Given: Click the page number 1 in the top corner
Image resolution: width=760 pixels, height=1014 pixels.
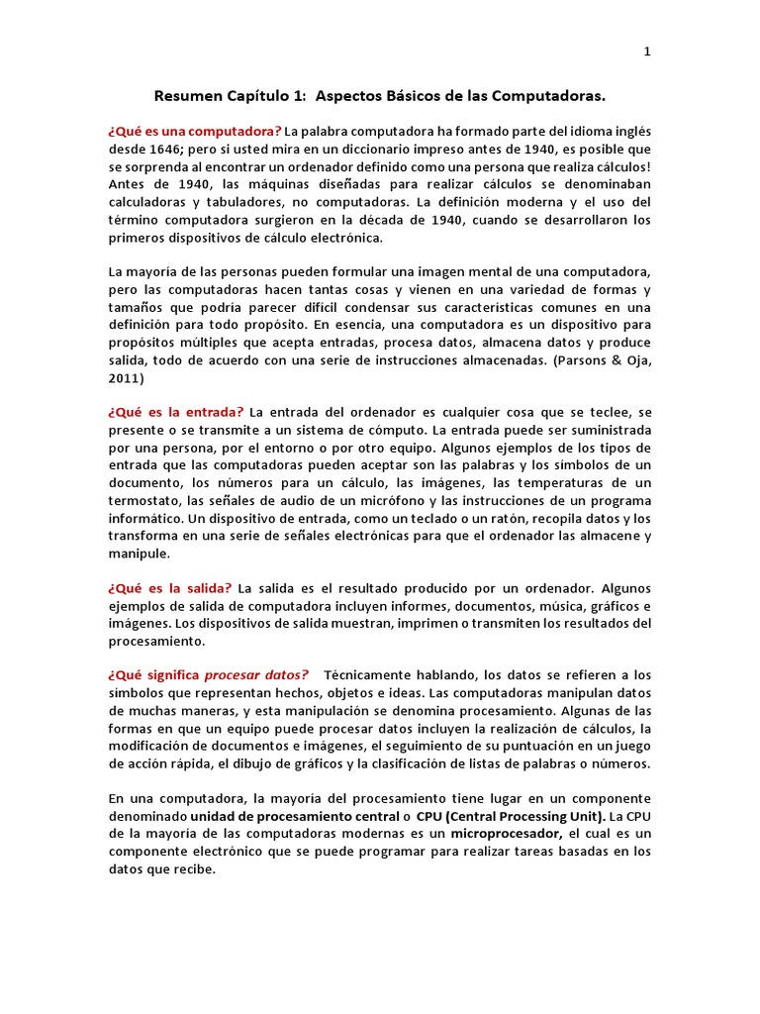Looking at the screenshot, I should click(x=647, y=52).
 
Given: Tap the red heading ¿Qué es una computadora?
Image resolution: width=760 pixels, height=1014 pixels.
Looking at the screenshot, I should click(x=195, y=132).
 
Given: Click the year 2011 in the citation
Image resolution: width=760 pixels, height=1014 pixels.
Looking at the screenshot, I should click(x=126, y=378).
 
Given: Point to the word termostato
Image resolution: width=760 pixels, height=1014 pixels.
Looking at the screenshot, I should click(x=148, y=500).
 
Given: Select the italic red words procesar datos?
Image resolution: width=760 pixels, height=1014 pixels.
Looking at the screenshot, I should click(x=256, y=675).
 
